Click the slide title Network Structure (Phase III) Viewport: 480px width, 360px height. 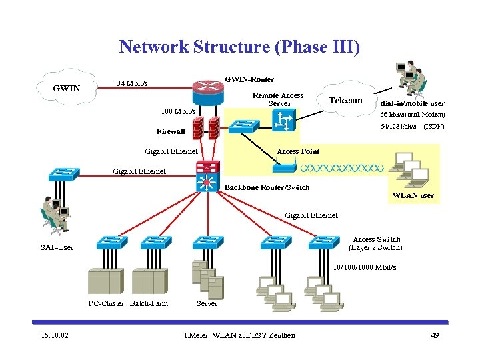(x=239, y=47)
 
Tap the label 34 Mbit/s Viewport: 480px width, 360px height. (x=132, y=84)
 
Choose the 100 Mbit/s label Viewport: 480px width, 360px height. (x=179, y=111)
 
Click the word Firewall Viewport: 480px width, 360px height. (x=171, y=131)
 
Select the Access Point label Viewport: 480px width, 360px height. (x=298, y=151)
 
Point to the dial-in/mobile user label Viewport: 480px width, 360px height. (x=412, y=103)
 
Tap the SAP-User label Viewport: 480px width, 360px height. (x=57, y=248)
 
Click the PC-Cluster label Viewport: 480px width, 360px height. (x=107, y=303)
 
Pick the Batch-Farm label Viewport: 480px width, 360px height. (x=149, y=303)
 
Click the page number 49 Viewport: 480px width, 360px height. (x=435, y=335)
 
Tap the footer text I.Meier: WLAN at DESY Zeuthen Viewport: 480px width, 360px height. (x=239, y=335)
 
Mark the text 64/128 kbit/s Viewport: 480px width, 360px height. (x=398, y=127)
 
